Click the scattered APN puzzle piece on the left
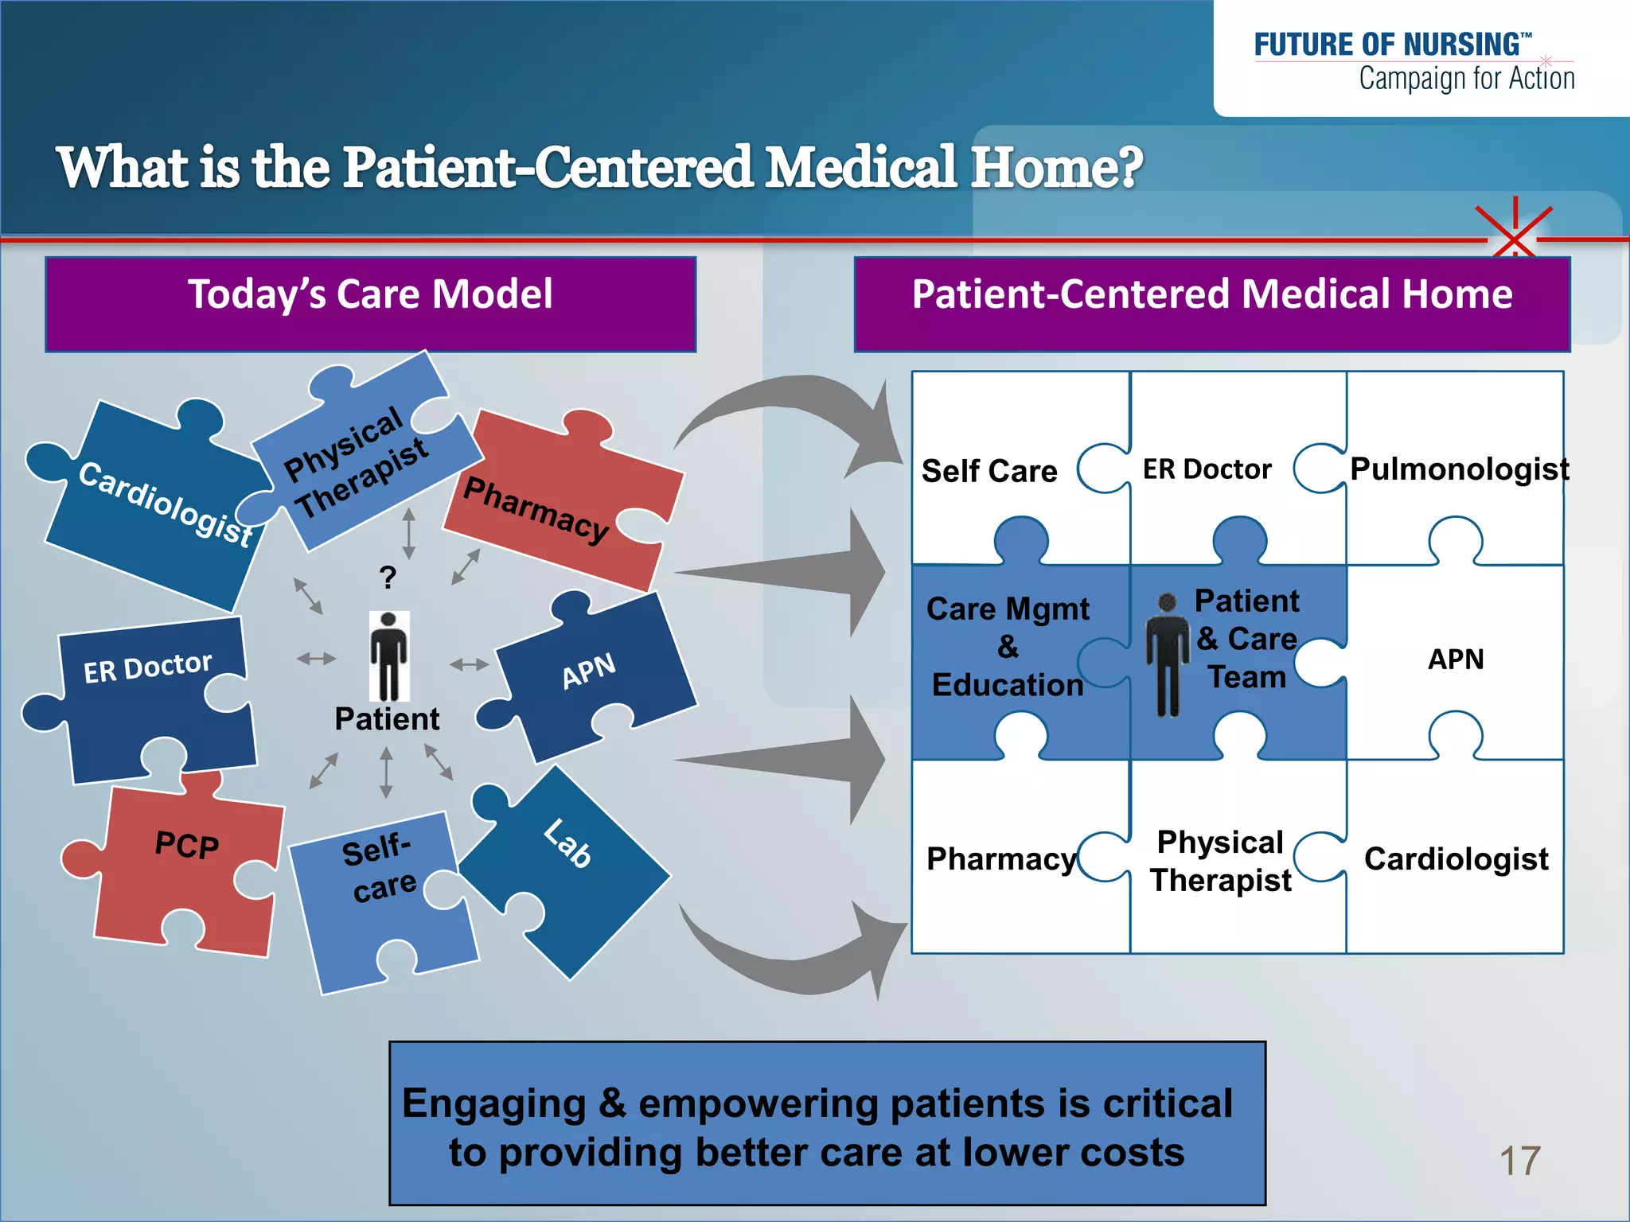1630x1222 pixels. point(593,676)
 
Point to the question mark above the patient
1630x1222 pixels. point(388,577)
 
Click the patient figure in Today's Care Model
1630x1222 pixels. point(389,656)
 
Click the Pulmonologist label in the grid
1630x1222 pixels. point(1459,469)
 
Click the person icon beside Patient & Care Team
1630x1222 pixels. point(1167,656)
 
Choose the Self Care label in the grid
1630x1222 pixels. point(989,472)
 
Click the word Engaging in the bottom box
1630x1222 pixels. point(493,1104)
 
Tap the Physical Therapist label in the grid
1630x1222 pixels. point(1220,862)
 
